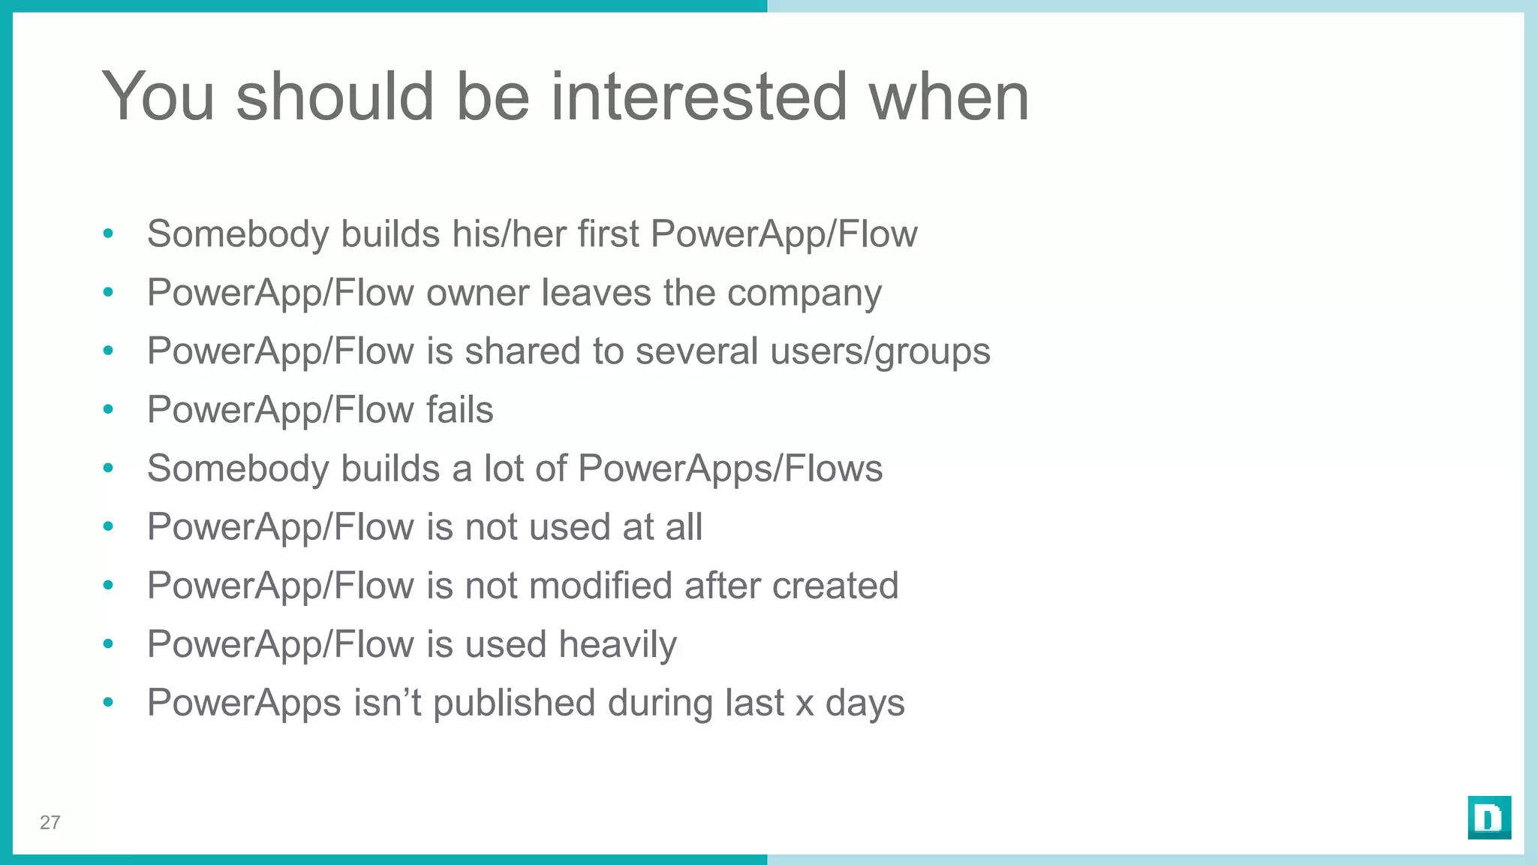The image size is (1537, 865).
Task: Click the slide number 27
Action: (50, 823)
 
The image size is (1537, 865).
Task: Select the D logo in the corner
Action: (1489, 818)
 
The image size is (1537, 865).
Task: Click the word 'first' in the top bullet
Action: (608, 234)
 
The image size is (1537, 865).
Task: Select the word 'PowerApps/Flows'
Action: (730, 469)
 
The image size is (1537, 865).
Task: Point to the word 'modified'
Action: (568, 586)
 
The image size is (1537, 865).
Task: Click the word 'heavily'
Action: (617, 645)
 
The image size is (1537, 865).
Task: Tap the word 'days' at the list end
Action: (865, 704)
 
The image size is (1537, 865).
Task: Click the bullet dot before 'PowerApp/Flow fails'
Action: (108, 410)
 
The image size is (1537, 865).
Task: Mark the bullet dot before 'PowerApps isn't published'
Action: (108, 703)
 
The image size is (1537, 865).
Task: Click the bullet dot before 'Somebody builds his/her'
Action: (108, 234)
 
